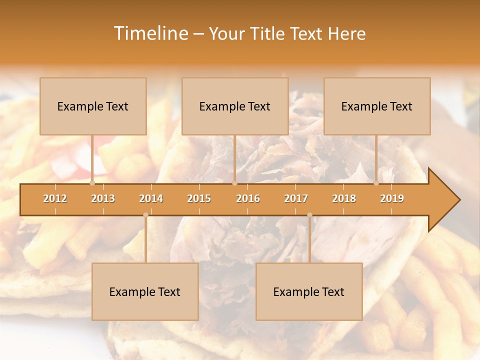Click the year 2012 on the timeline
[x=55, y=198]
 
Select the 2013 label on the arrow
[x=103, y=198]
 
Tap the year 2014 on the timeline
[x=151, y=198]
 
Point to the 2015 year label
[x=199, y=198]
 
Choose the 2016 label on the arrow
[x=248, y=198]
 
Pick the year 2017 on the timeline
[x=296, y=198]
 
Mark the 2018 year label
[x=344, y=198]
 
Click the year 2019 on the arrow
[x=392, y=198]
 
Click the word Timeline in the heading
[x=150, y=33]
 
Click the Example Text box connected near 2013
[x=93, y=106]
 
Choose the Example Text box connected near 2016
[x=235, y=106]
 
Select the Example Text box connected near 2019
[x=377, y=106]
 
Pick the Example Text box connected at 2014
[x=145, y=291]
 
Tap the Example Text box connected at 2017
[x=309, y=291]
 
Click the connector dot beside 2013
[x=92, y=183]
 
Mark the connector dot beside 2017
[x=309, y=215]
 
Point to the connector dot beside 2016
[x=234, y=183]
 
